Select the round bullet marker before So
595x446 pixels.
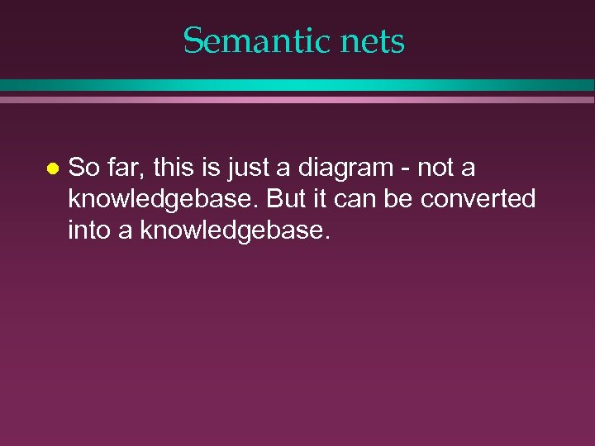pos(51,168)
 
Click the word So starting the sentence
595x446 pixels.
pos(82,168)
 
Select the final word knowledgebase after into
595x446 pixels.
pos(236,231)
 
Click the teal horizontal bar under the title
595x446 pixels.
pos(297,85)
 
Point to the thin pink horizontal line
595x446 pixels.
pos(297,99)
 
